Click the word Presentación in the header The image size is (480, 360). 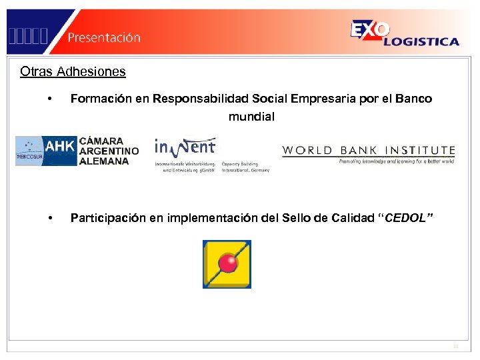point(103,37)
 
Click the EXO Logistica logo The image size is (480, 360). point(404,33)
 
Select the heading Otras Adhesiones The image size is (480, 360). point(73,71)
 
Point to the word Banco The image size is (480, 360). point(413,99)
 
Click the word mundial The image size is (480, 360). point(251,117)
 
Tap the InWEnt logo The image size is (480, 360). point(185,149)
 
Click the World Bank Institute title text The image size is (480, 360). point(368,151)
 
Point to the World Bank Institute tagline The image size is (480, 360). point(396,161)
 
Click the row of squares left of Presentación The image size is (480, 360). point(28,37)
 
